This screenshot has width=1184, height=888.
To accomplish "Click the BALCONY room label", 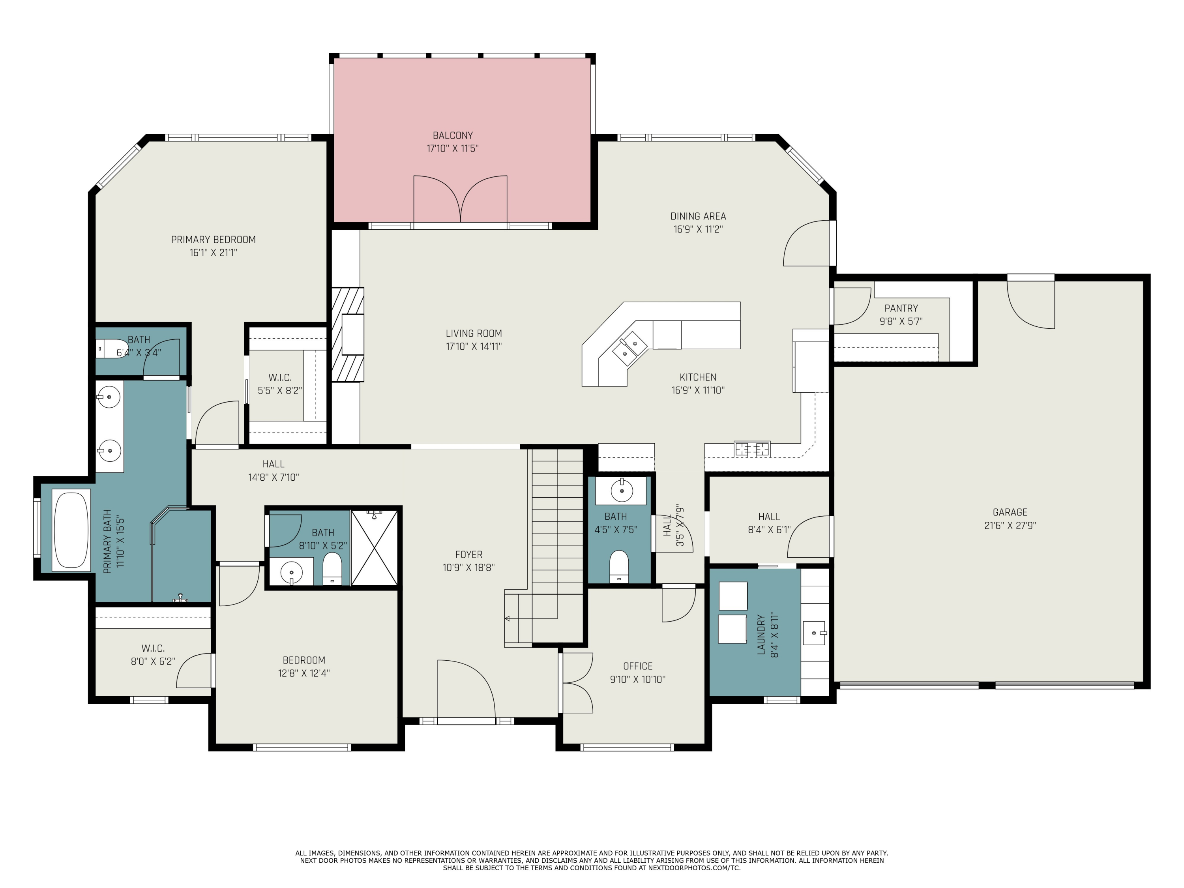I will pos(452,135).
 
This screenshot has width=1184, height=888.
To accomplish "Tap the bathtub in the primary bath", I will pos(71,529).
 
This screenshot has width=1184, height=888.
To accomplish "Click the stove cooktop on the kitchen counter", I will pos(752,449).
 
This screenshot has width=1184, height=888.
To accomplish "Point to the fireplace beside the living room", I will pos(348,335).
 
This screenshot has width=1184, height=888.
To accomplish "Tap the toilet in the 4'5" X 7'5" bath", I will pos(619,566).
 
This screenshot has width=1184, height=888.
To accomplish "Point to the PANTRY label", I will pos(901,308).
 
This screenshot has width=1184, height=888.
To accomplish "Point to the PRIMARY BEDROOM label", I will pos(213,240).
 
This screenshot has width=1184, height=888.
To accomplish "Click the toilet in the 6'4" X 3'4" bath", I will pos(110,348).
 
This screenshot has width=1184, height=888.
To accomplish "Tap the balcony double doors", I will pos(460,199).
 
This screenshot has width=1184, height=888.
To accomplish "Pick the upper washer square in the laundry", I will pos(733,596).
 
